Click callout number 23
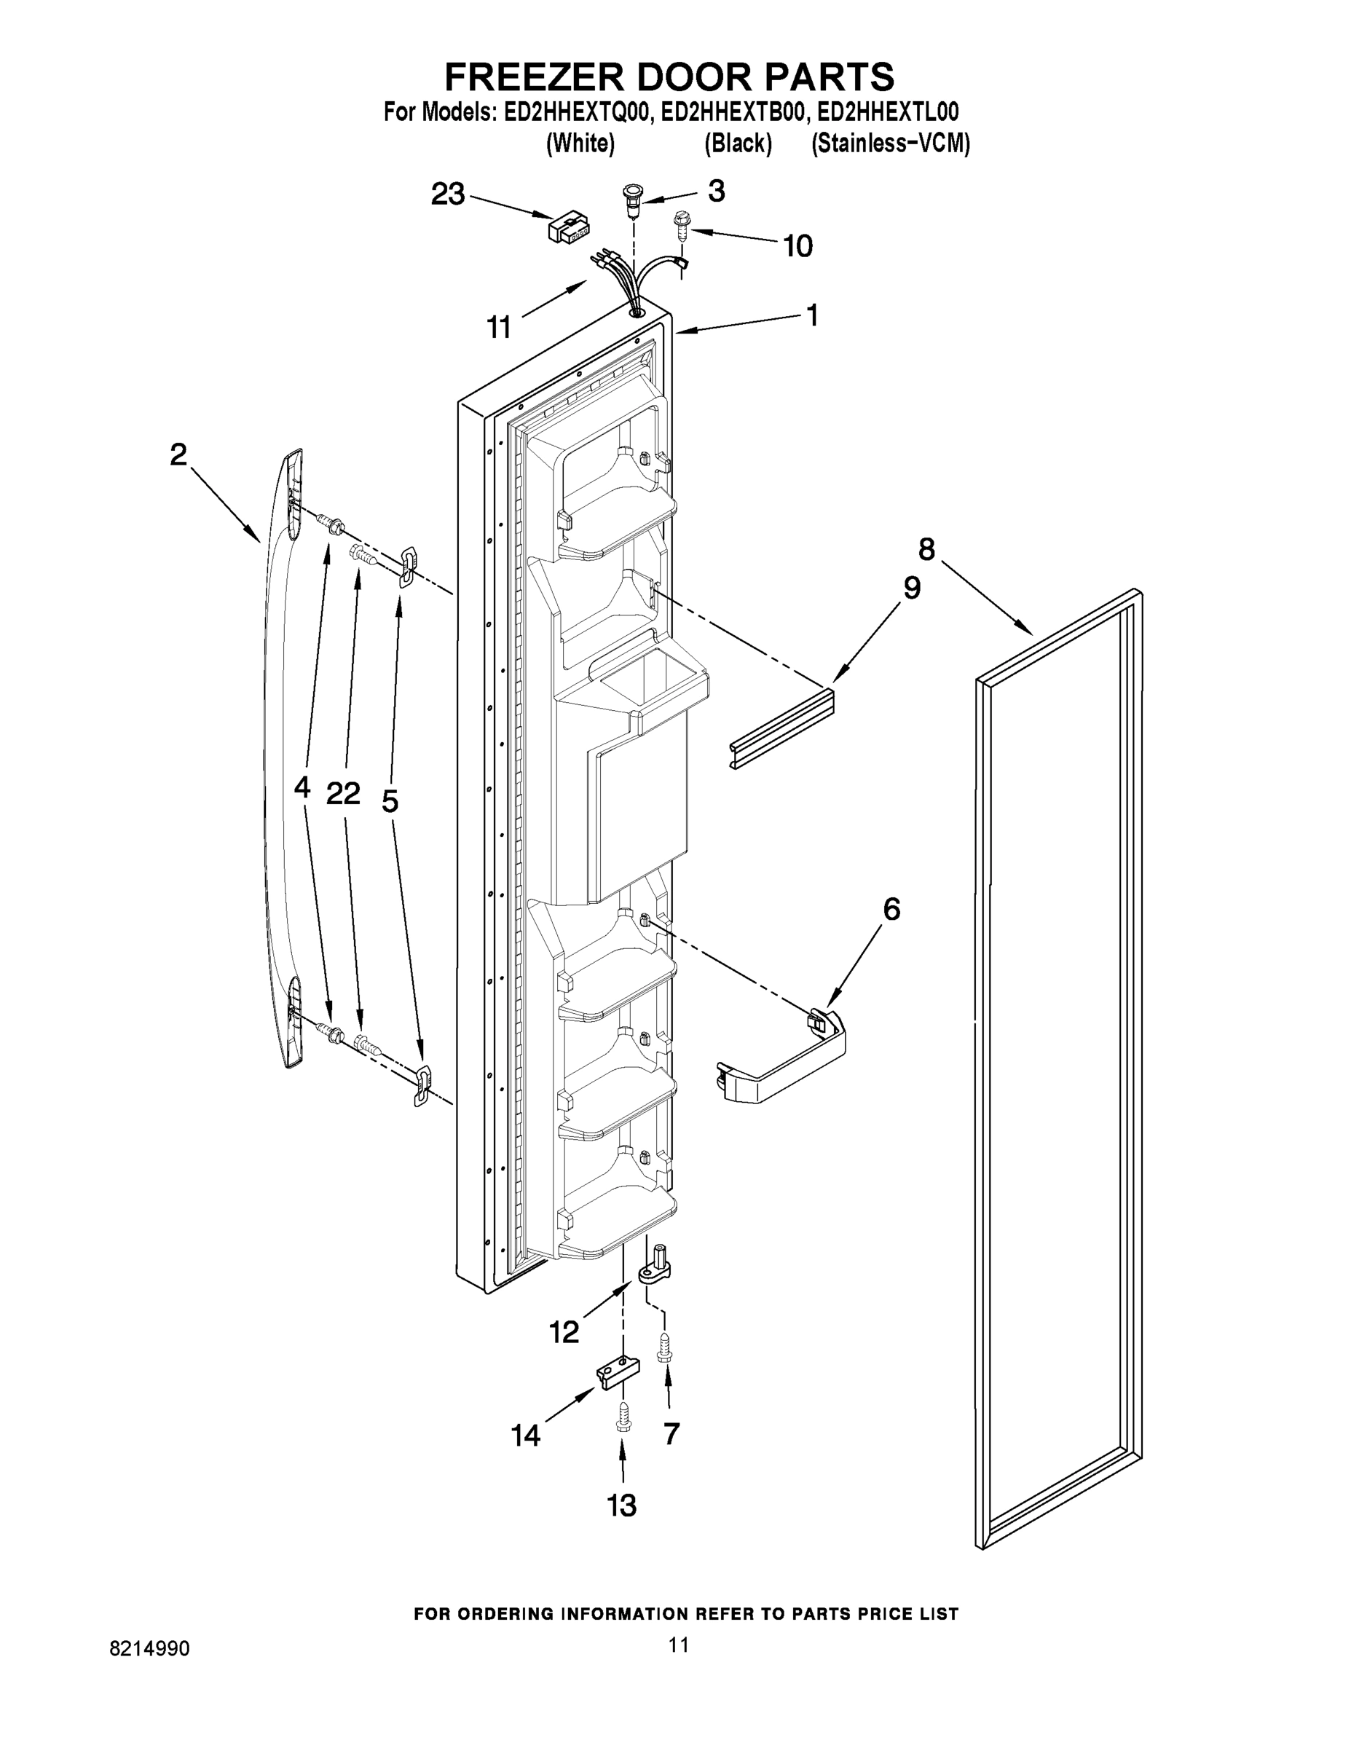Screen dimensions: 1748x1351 [x=447, y=194]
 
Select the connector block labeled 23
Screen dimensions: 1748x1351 [x=567, y=227]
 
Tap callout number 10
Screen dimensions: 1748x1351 [x=797, y=245]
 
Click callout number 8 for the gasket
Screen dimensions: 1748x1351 [x=926, y=550]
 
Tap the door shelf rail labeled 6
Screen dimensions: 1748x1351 [x=783, y=1058]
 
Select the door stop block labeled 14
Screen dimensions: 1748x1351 [x=618, y=1374]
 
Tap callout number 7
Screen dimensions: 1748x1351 [x=671, y=1433]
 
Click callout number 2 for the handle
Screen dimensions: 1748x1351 [x=178, y=454]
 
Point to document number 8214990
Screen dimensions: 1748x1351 [x=150, y=1649]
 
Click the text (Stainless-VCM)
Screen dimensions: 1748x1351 [x=890, y=144]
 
